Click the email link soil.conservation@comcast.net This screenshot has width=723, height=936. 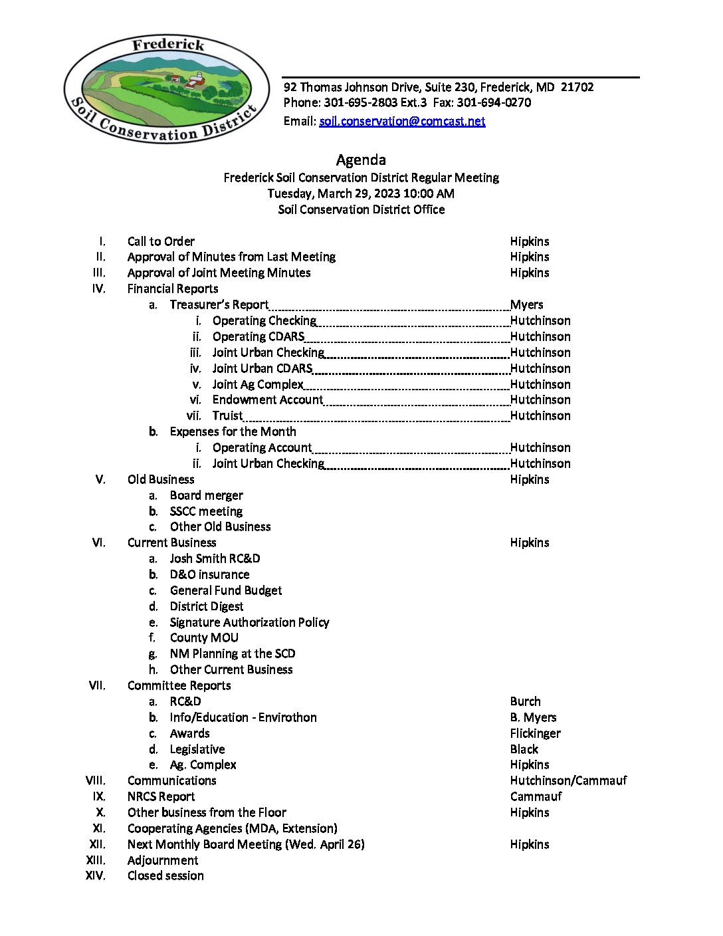pos(402,121)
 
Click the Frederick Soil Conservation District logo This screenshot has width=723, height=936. pos(166,89)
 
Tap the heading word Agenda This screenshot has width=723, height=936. pos(361,160)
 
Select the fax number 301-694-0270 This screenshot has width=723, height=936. pos(494,102)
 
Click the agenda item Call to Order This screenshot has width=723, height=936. pos(161,241)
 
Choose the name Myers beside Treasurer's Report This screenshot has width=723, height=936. pos(526,304)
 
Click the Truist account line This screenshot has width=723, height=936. pos(227,415)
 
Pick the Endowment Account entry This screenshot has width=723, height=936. pos(267,400)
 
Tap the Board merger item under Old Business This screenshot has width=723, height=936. pos(206,495)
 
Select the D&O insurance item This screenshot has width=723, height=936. pos(209,574)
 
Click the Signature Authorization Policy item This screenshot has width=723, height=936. pos(249,622)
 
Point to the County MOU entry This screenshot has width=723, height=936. pos(204,638)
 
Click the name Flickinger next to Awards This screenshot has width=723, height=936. pos(535,733)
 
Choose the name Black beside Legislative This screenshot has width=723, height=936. pos(524,749)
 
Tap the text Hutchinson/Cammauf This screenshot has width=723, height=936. pos(568,780)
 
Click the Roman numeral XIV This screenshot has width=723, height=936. pos(96,876)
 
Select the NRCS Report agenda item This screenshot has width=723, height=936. pos(161,796)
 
